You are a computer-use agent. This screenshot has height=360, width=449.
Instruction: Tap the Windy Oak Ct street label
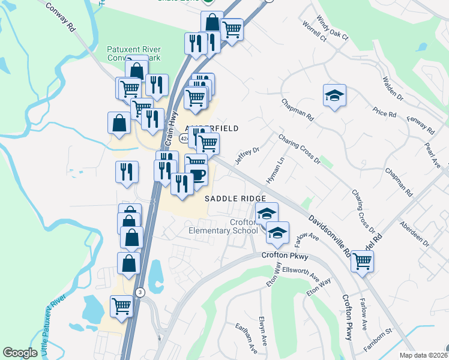333,28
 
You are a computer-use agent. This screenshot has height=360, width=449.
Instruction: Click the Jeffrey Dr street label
246,155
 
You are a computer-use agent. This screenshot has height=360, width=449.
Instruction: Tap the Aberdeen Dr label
414,234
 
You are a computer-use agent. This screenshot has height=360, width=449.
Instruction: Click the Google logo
20,353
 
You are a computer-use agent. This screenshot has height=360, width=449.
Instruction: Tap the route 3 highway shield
140,292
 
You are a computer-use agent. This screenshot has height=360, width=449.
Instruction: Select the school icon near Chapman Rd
334,95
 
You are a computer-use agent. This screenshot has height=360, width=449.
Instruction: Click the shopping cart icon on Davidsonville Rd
362,260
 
